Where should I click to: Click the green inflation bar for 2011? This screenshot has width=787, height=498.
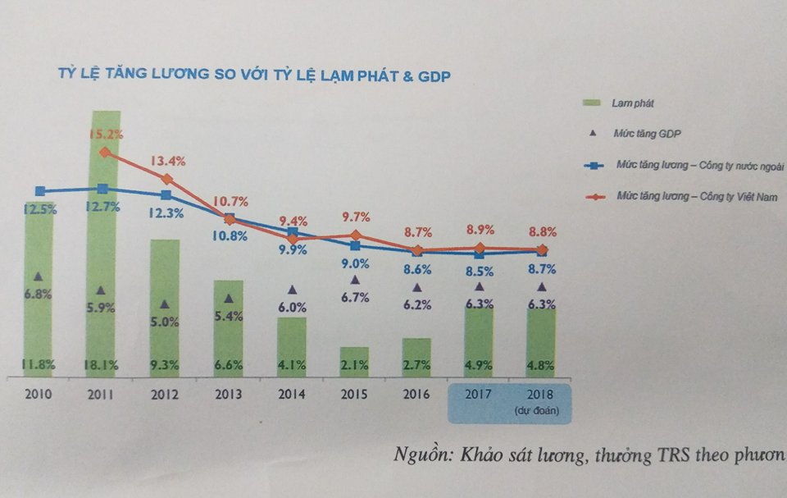(x=103, y=246)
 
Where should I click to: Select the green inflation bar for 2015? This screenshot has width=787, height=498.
(x=354, y=361)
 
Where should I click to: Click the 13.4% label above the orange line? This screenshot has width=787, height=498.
(x=166, y=160)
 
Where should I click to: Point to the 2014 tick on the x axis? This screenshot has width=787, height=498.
(x=292, y=394)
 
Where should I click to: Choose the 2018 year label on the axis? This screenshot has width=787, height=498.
(x=541, y=394)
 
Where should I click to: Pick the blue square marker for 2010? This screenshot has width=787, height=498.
(x=39, y=191)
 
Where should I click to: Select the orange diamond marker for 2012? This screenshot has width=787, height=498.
(x=166, y=179)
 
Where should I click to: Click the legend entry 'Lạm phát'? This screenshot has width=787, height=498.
(x=631, y=103)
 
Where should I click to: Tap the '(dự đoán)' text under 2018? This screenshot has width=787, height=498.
(x=541, y=409)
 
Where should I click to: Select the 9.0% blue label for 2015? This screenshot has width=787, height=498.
(x=354, y=263)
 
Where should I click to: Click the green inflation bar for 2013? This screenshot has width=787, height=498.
(x=229, y=328)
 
